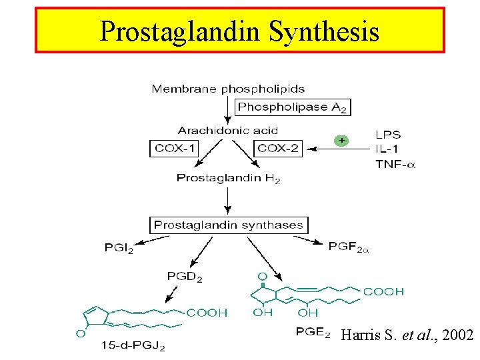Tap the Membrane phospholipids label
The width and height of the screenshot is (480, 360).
pyautogui.click(x=219, y=89)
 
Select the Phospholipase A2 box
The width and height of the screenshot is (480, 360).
pyautogui.click(x=293, y=107)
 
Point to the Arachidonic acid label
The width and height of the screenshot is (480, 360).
pyautogui.click(x=228, y=130)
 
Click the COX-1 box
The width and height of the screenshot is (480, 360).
pyautogui.click(x=173, y=148)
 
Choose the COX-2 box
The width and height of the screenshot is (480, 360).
pyautogui.click(x=278, y=148)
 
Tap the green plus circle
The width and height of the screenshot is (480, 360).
pyautogui.click(x=341, y=141)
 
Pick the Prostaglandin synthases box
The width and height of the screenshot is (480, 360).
pyautogui.click(x=229, y=225)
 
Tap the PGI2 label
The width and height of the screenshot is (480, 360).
pyautogui.click(x=119, y=248)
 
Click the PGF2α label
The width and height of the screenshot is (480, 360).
pyautogui.click(x=349, y=247)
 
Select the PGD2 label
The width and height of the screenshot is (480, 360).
pyautogui.click(x=184, y=276)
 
